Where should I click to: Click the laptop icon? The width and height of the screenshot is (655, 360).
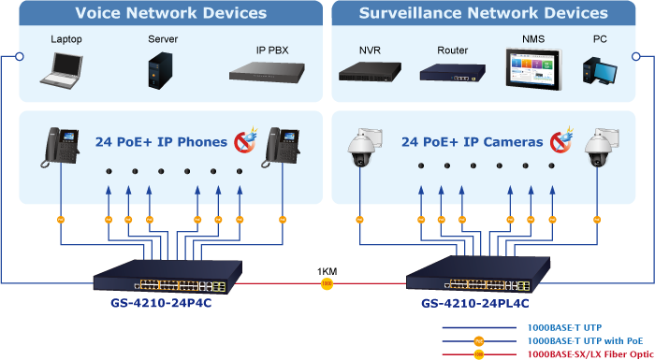coord(62,70)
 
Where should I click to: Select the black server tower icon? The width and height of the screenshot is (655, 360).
coord(160,70)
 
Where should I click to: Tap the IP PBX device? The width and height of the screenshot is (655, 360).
coord(267,71)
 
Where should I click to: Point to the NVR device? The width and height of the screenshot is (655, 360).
coord(370,71)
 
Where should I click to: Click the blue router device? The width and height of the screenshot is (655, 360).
coord(452,72)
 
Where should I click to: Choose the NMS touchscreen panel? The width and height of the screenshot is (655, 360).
coord(534,68)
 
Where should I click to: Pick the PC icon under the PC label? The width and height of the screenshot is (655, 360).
coord(600,69)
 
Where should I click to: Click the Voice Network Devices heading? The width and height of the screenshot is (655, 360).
coord(171,12)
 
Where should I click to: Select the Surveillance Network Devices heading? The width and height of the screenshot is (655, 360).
coord(484,12)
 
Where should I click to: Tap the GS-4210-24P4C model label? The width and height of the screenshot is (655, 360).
coord(161,302)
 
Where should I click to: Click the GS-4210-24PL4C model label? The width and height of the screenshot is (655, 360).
coord(475,302)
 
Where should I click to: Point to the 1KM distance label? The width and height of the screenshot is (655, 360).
coord(327,272)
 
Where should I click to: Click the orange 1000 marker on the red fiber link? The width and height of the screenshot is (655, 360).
coord(327,284)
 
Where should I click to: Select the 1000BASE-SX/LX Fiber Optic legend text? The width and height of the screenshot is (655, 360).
coord(589,354)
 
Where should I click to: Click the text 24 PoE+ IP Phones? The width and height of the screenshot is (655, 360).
coord(161,142)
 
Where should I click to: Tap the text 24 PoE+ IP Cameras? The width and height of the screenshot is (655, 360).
coord(473,142)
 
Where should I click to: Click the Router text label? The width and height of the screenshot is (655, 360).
coord(452,50)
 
